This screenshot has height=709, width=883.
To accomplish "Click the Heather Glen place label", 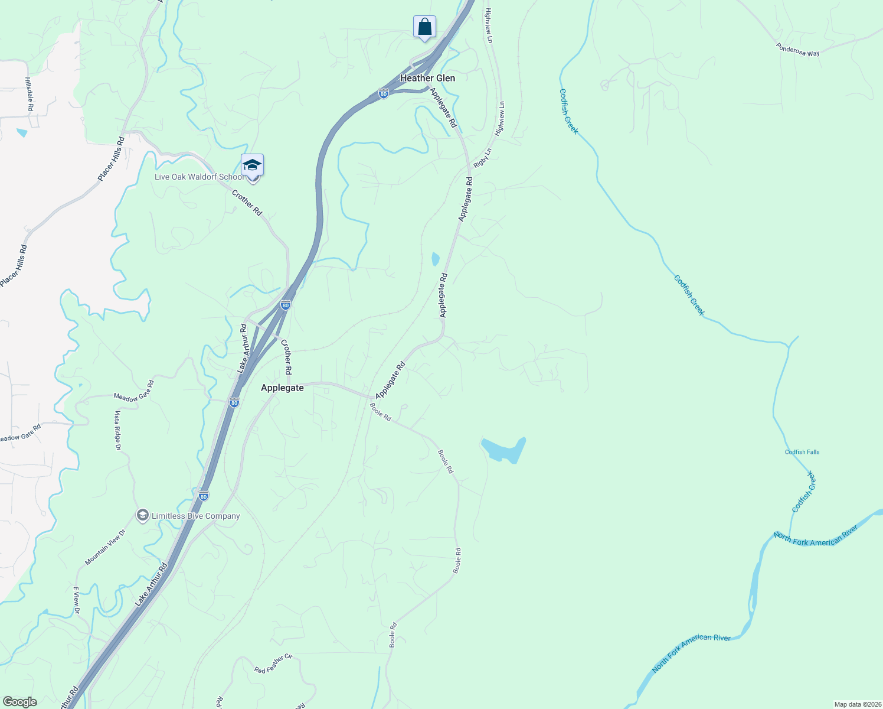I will coord(427,78).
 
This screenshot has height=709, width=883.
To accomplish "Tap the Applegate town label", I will coord(282,388).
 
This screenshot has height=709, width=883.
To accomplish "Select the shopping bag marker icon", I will coord(424,27).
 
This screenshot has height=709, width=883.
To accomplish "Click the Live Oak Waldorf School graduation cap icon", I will coord(252,165).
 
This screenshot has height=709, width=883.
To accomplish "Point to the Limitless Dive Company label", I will coord(195,516).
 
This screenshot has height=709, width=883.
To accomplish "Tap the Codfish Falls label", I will coord(802,452).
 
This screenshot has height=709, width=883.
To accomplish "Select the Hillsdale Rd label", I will coord(29,94).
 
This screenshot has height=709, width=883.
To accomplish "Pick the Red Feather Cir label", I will coord(273,664).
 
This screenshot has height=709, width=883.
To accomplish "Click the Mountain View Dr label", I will coord(105,547).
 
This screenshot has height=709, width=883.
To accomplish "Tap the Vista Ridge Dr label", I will coord(117,431).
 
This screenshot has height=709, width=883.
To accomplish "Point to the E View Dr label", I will coord(76,600).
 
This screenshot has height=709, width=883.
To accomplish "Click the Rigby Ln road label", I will coord(482,157).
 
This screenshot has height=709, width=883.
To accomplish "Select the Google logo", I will coord(19,701).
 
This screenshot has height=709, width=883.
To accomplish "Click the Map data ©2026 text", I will coord(857,704).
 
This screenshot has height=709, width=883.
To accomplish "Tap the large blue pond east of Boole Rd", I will coord(503,449).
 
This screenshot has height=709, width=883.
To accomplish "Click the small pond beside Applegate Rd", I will coord(436,259).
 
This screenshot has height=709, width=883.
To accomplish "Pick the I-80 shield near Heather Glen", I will coord(384,93).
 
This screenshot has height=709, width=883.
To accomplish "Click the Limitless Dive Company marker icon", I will coord(142,516).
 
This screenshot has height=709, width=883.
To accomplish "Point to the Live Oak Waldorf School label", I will coord(198,177).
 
